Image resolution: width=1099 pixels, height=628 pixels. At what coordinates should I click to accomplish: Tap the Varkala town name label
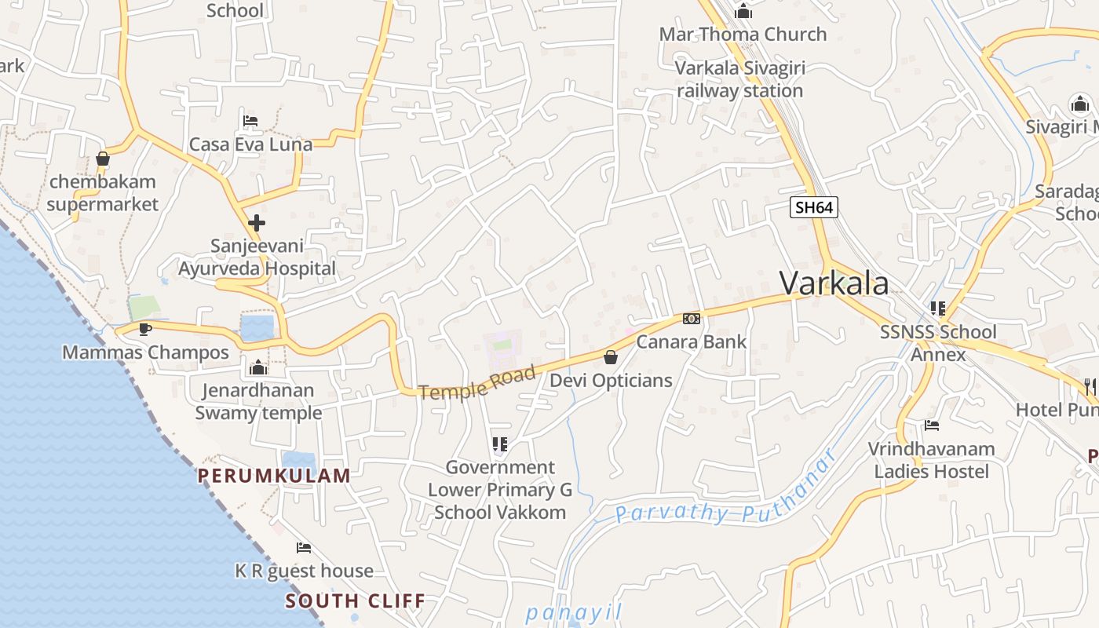pyautogui.click(x=834, y=283)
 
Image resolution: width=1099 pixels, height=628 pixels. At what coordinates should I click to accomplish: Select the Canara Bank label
pyautogui.click(x=691, y=341)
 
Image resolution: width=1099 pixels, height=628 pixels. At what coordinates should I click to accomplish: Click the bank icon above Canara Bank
pyautogui.click(x=691, y=318)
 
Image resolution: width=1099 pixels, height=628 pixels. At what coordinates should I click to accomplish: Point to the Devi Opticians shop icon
pyautogui.click(x=611, y=358)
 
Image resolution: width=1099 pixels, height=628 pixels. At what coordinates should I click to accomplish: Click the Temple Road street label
pyautogui.click(x=477, y=382)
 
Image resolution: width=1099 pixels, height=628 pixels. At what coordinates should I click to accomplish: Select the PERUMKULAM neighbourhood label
pyautogui.click(x=273, y=475)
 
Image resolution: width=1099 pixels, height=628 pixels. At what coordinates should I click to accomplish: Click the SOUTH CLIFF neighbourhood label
pyautogui.click(x=355, y=601)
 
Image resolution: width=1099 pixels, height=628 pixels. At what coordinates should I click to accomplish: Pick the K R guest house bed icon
pyautogui.click(x=304, y=547)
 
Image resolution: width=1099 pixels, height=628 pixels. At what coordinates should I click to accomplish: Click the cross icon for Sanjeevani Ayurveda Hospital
pyautogui.click(x=256, y=223)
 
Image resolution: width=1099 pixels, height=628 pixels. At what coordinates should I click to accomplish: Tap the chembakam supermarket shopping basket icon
pyautogui.click(x=102, y=159)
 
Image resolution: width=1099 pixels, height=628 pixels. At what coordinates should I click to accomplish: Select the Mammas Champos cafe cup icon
pyautogui.click(x=144, y=329)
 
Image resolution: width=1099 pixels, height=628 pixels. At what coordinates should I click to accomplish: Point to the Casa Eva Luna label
pyautogui.click(x=250, y=144)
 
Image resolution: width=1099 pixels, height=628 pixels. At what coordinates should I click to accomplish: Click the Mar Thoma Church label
pyautogui.click(x=743, y=35)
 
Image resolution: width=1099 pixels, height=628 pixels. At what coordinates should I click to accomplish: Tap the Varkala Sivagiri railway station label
pyautogui.click(x=739, y=79)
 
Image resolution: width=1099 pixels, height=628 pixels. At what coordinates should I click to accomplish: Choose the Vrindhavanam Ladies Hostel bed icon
pyautogui.click(x=932, y=425)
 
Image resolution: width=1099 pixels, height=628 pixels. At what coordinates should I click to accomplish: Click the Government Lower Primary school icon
pyautogui.click(x=500, y=444)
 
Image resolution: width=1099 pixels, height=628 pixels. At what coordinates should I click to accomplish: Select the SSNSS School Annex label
pyautogui.click(x=938, y=343)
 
